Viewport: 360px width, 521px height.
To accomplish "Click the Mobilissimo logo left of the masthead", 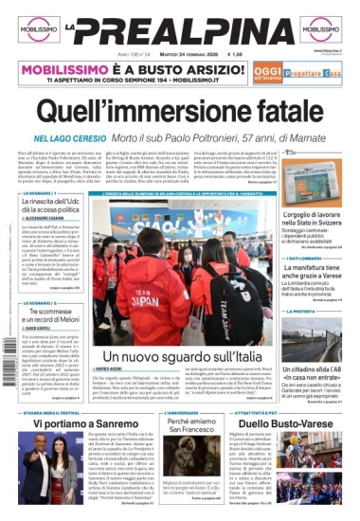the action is click(x=38, y=28).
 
